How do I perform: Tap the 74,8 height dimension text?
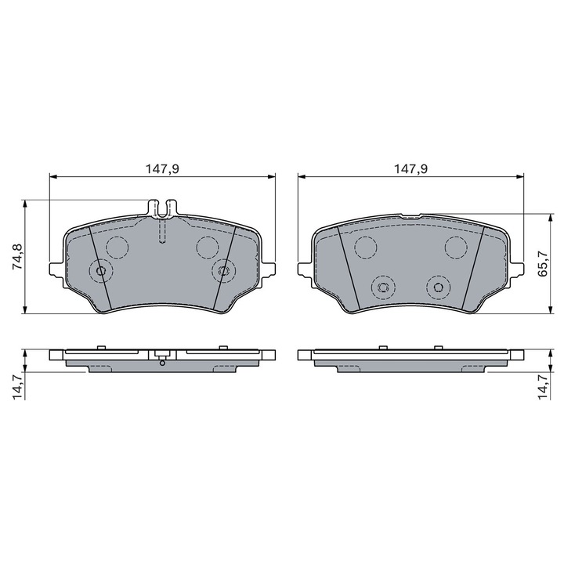(x=16, y=257)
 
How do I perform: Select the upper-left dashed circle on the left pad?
(x=117, y=248)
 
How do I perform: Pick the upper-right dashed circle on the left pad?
(x=208, y=248)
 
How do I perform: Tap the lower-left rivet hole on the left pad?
(x=100, y=271)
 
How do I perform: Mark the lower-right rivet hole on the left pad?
(x=223, y=271)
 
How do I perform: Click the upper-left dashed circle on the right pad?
(x=365, y=248)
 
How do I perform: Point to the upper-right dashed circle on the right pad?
(x=457, y=248)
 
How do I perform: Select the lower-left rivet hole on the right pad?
(x=383, y=287)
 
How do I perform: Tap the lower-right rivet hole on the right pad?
(x=438, y=287)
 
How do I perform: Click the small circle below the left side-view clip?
(x=162, y=363)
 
